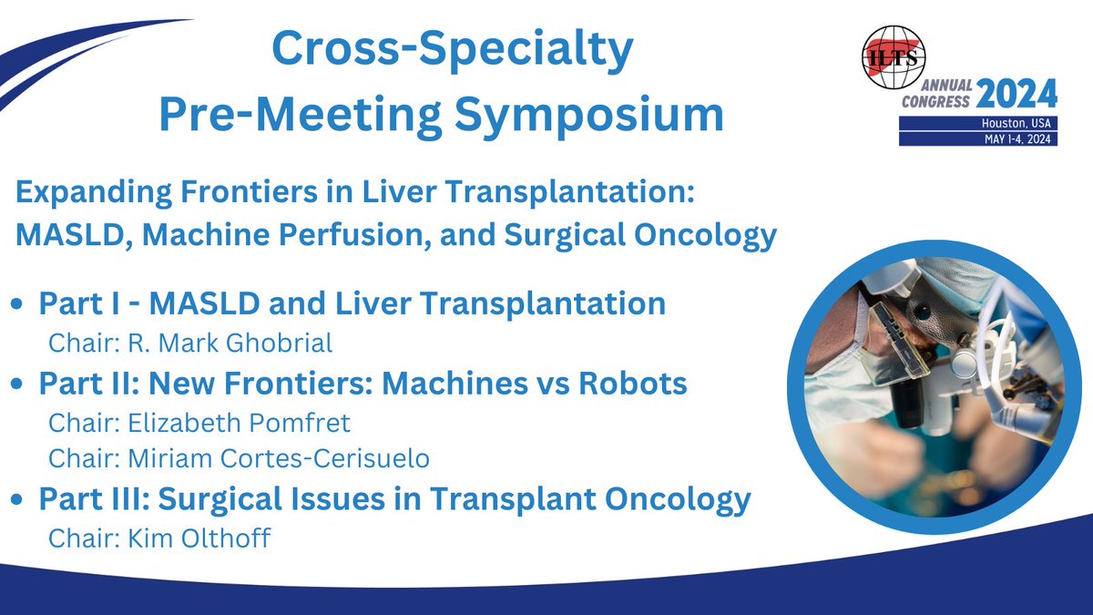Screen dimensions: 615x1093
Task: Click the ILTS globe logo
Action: coord(895,57)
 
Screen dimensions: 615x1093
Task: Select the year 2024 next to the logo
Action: coord(1016,93)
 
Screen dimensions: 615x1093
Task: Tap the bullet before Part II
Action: coord(21,385)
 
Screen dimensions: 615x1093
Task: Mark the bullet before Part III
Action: coord(21,501)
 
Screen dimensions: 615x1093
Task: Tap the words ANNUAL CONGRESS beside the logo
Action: coord(938,94)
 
